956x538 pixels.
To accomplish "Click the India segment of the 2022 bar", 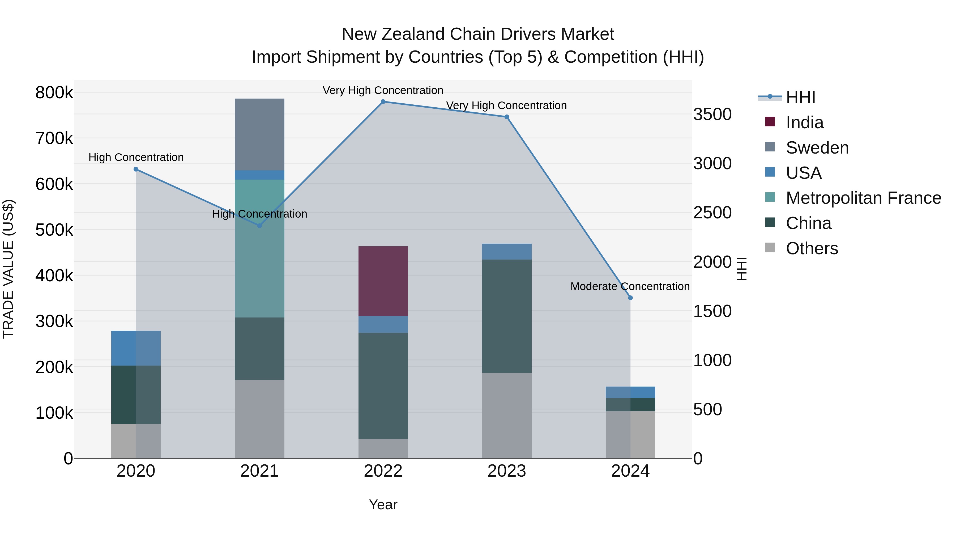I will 383,281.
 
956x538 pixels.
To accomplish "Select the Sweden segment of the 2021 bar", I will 259,134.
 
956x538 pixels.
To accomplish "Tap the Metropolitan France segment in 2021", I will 259,248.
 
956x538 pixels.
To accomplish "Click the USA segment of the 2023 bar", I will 507,251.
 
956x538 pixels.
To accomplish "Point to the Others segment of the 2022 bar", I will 383,448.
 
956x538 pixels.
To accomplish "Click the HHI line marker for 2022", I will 383,102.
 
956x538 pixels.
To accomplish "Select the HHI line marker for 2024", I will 630,298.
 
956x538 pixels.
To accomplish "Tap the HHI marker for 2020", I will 136,169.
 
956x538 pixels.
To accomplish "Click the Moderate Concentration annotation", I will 630,286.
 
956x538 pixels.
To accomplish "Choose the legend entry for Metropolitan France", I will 863,198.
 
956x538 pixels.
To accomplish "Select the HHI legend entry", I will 800,97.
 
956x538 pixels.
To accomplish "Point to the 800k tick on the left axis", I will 54,92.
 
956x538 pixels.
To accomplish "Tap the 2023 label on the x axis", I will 507,471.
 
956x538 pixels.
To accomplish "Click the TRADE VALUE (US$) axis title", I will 8,269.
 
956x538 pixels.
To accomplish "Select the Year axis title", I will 383,505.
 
